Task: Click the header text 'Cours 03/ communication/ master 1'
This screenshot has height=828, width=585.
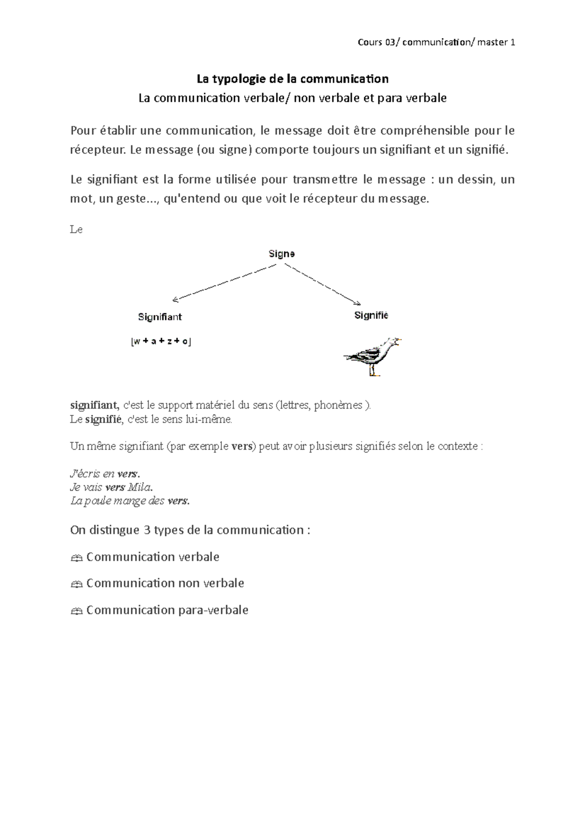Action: [x=436, y=42]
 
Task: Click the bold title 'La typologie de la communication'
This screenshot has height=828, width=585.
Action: [x=292, y=79]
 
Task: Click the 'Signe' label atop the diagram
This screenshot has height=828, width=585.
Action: [x=282, y=254]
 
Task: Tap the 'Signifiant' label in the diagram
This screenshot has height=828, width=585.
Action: [x=160, y=317]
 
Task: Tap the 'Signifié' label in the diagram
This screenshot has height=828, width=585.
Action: [x=371, y=315]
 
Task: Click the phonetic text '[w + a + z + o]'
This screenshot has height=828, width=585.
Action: [x=161, y=341]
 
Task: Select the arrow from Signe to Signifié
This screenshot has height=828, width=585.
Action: [x=322, y=284]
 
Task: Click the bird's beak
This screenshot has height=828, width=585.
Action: [x=399, y=340]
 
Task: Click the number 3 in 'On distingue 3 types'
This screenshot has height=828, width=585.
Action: [x=147, y=530]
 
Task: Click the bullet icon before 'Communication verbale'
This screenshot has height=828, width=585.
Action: [x=76, y=558]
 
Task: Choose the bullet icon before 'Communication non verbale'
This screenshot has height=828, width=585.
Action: [x=76, y=584]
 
